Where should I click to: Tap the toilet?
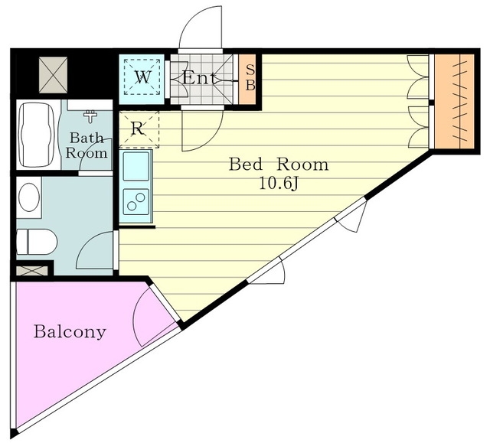click(37, 242)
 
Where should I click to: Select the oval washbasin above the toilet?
click(29, 197)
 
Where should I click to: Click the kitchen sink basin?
click(136, 166)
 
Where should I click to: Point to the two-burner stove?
click(136, 202)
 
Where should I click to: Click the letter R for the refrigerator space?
click(138, 128)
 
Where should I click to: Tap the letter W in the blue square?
click(142, 77)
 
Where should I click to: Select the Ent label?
click(199, 78)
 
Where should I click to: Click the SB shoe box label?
click(250, 78)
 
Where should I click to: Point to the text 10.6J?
click(279, 184)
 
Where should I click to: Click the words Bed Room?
click(279, 164)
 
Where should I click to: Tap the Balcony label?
click(70, 332)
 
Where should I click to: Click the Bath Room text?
click(87, 145)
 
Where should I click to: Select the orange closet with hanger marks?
click(455, 101)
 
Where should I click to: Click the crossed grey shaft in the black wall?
click(53, 75)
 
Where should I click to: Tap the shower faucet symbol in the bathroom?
click(90, 116)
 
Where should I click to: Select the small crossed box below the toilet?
click(32, 270)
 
